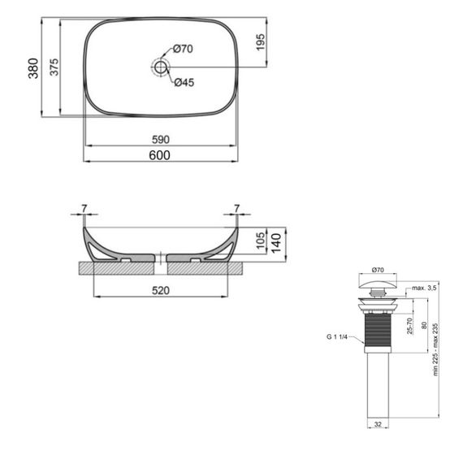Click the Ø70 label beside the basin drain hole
point(183,49)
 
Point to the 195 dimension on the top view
point(261,42)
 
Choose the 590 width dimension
point(160,140)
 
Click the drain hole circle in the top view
point(161,67)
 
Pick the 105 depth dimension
point(260,239)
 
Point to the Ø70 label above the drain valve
point(377,269)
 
